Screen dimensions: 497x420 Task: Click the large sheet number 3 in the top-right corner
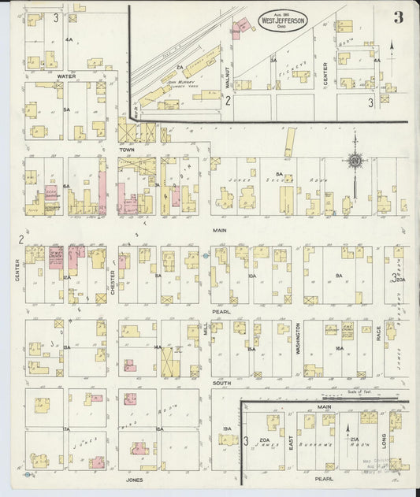(399, 18)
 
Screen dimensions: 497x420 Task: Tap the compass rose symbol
(355, 161)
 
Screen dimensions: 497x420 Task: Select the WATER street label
(66, 76)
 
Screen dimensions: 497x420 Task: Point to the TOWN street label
(128, 149)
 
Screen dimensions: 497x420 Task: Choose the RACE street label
(378, 335)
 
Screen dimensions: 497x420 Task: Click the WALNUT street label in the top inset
(225, 76)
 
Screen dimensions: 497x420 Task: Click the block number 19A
(227, 428)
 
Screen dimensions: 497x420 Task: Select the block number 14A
(158, 347)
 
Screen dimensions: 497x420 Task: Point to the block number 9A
(339, 276)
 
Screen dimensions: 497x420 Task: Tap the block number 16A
(339, 347)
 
